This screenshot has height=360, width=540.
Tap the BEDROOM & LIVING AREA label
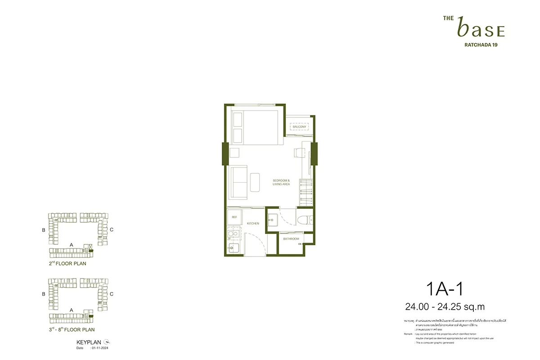coord(281,182)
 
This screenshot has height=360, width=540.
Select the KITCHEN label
coord(253,223)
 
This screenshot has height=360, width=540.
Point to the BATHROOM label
coord(291,239)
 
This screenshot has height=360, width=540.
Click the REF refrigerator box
coord(234,217)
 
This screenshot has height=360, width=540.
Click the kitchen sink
coord(234,248)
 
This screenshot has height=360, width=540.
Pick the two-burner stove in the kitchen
coord(234,234)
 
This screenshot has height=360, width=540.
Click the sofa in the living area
coord(238,182)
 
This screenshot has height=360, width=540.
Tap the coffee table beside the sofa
coord(255,182)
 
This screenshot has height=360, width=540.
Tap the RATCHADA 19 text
coord(481,45)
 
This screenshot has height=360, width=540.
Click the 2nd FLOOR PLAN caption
coord(67,264)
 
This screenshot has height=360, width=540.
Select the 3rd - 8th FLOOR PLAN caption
coord(71,330)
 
